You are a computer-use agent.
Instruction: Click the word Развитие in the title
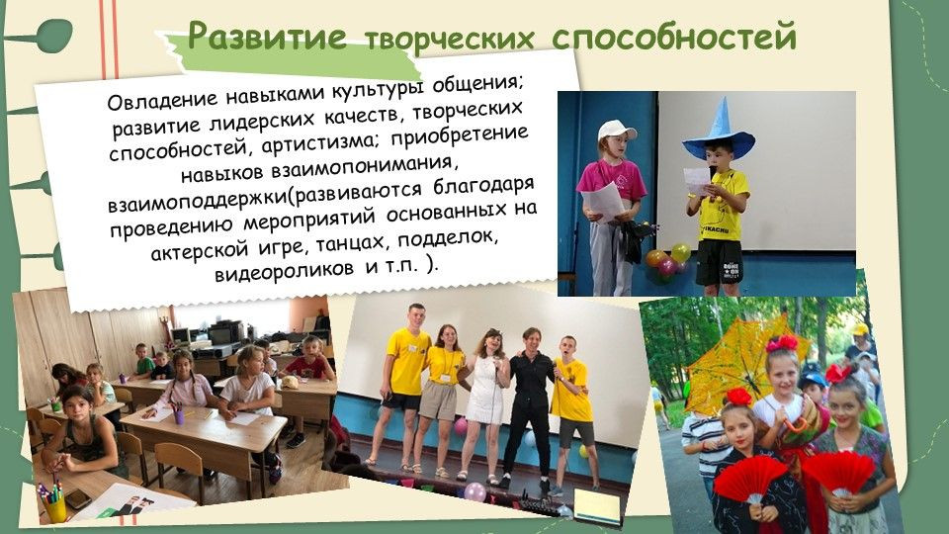click(267, 38)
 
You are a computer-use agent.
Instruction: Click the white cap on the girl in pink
click(616, 131)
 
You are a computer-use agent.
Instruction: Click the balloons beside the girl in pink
click(665, 260)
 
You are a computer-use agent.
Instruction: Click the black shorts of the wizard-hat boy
click(719, 260)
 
